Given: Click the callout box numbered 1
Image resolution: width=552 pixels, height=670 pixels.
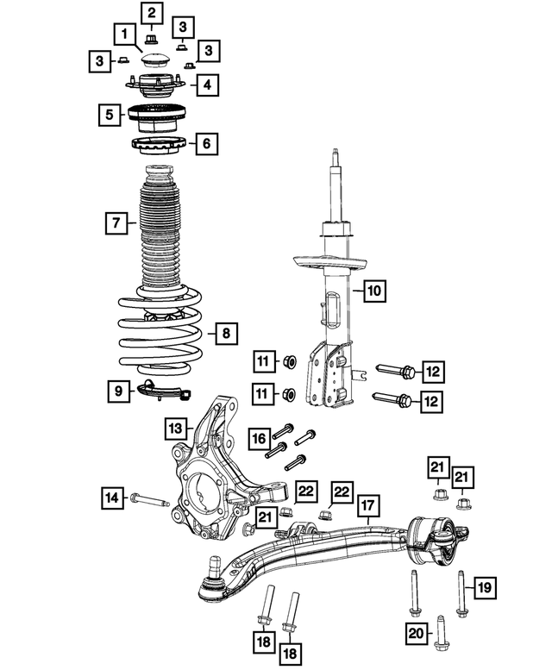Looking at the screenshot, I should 125,35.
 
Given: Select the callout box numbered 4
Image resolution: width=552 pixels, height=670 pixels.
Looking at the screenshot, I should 206,85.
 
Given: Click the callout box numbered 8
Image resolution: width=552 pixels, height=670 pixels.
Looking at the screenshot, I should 223,333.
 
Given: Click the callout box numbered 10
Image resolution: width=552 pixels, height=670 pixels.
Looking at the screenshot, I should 372,291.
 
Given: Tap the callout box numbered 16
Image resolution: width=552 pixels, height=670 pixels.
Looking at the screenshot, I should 258,439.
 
